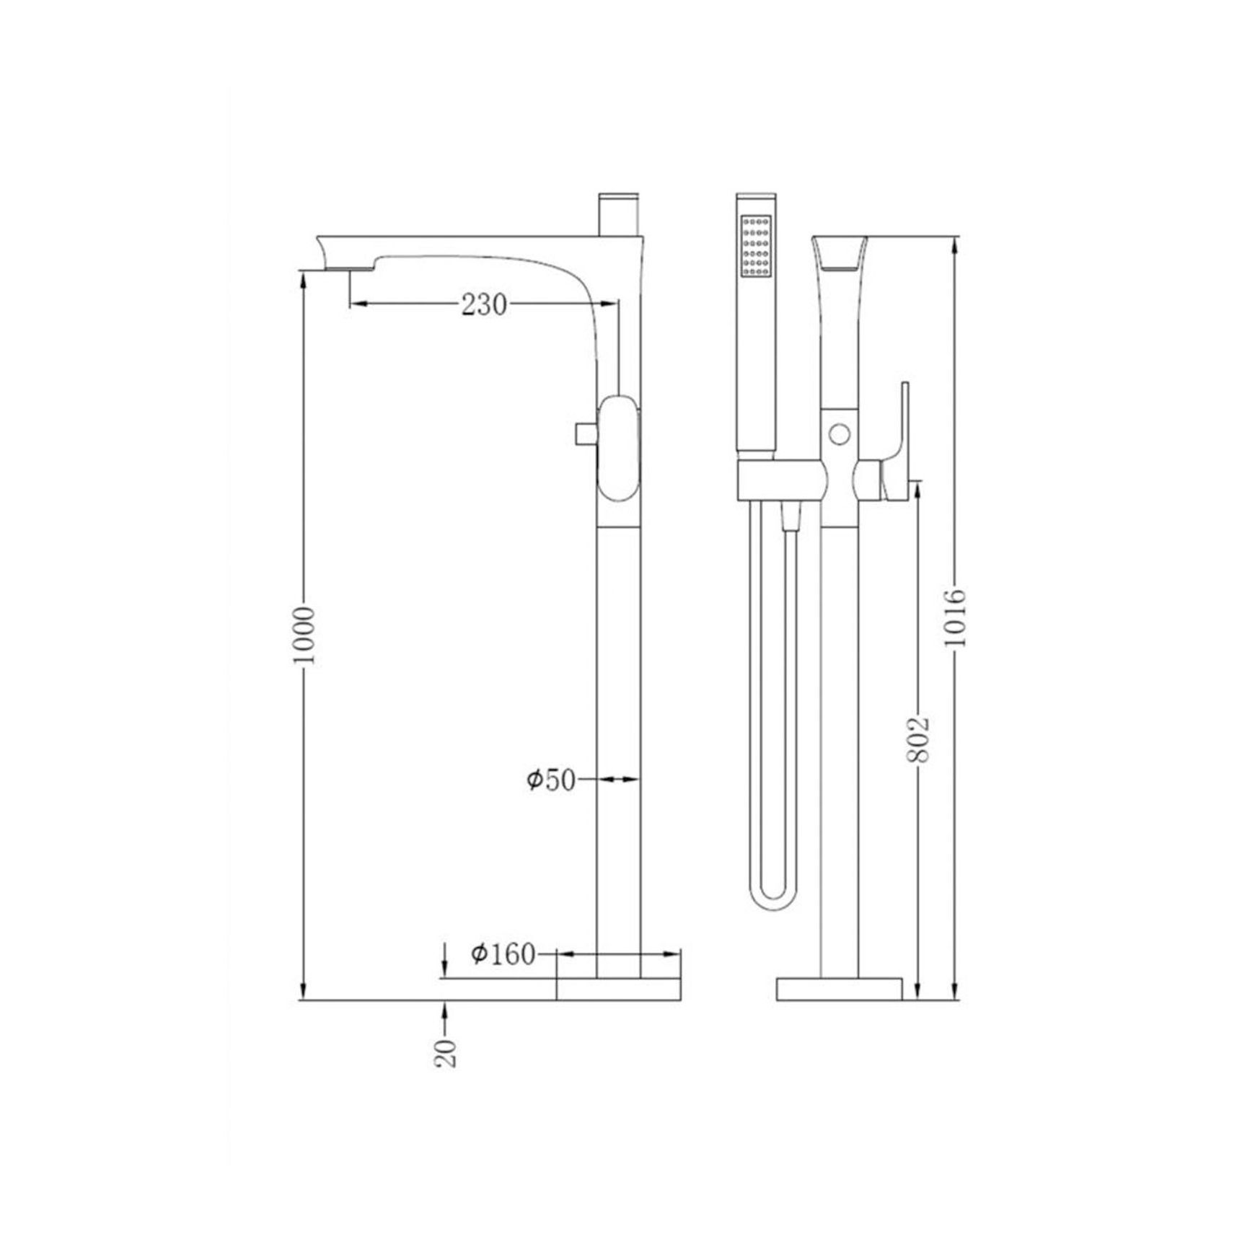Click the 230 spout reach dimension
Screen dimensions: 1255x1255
click(484, 305)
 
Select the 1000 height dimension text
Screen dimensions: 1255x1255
click(306, 635)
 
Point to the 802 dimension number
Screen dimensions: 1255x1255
click(918, 739)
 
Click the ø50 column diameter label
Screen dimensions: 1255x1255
click(551, 780)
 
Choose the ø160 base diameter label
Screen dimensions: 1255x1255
click(503, 954)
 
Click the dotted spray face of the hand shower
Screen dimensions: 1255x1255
click(756, 247)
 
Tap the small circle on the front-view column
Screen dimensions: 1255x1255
click(839, 434)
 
